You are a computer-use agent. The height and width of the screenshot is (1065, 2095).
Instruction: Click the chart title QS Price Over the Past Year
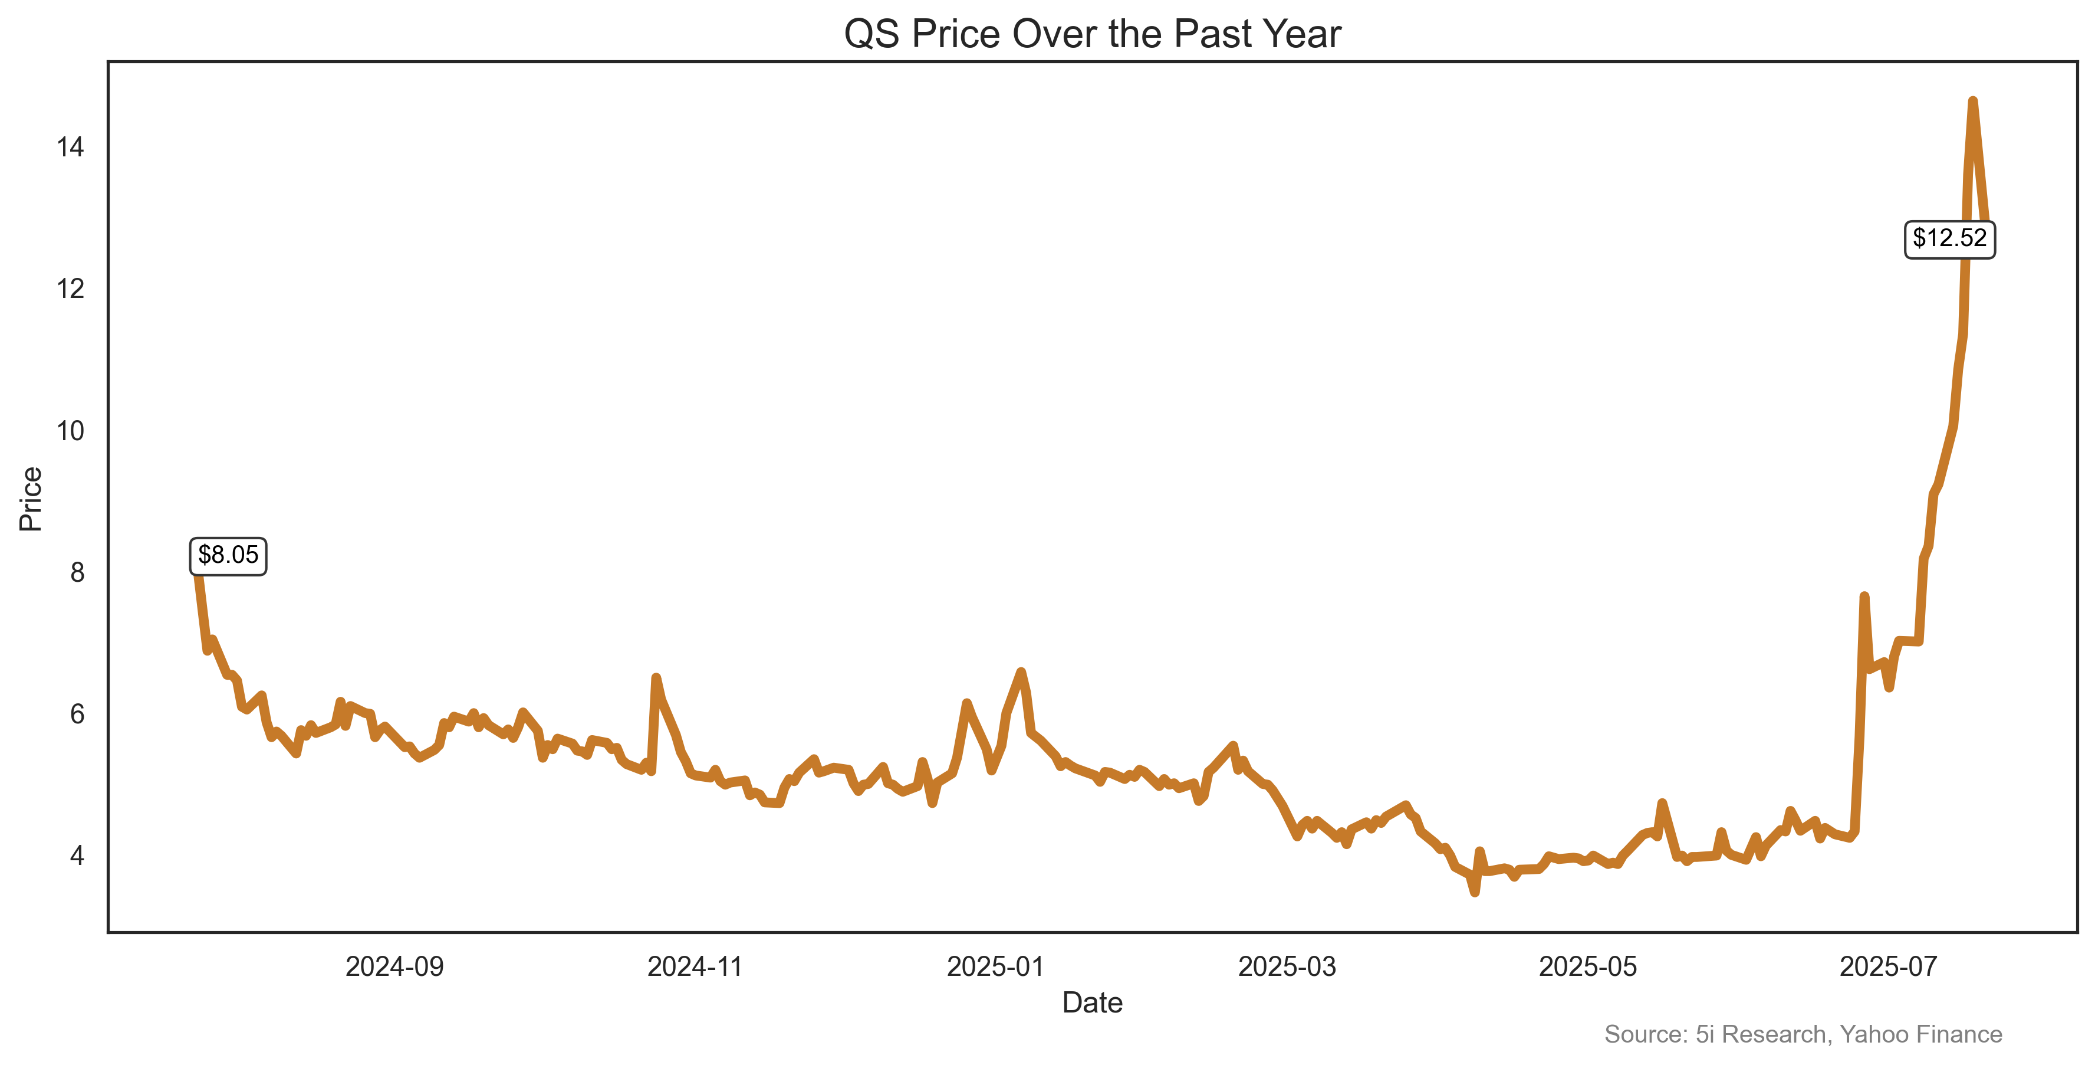click(x=1091, y=34)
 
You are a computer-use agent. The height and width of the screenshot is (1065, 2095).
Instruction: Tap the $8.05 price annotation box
click(x=228, y=556)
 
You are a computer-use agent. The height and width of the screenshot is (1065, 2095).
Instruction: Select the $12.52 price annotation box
click(x=1949, y=238)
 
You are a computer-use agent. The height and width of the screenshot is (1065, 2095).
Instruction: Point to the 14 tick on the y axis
click(x=70, y=148)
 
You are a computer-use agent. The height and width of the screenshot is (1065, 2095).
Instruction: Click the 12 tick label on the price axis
click(x=70, y=289)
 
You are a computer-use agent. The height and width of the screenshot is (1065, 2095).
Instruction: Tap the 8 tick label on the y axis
click(x=77, y=573)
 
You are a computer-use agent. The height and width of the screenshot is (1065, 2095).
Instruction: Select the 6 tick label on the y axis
click(x=77, y=715)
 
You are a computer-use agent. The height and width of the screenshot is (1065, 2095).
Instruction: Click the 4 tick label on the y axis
click(x=77, y=856)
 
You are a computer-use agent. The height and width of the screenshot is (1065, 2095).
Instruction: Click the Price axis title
click(x=31, y=499)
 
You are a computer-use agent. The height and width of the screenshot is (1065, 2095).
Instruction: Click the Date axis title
click(x=1091, y=1003)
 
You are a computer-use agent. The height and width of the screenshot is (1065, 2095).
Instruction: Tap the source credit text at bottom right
click(x=1802, y=1034)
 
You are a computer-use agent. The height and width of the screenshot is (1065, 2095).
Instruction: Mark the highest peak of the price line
click(x=1972, y=101)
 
